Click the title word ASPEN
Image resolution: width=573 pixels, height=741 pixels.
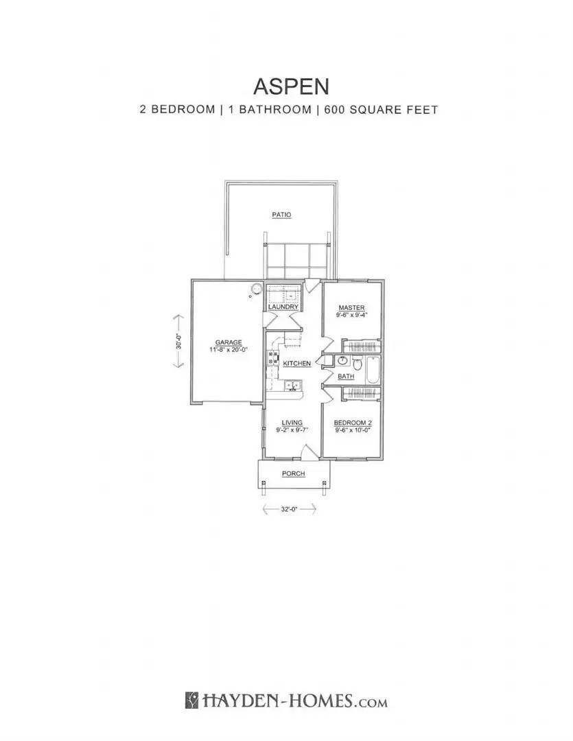(x=291, y=86)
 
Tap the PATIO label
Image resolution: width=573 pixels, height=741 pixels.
(x=281, y=215)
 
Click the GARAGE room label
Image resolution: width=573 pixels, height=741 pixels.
(x=227, y=342)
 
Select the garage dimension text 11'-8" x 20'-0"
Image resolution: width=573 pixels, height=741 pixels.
(x=227, y=349)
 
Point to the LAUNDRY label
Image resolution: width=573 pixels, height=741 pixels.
(x=283, y=307)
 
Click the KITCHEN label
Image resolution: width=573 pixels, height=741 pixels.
(x=297, y=363)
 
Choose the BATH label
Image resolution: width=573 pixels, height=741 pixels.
(x=346, y=377)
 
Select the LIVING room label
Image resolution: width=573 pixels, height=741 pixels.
(x=292, y=423)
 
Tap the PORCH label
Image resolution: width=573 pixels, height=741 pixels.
(x=293, y=473)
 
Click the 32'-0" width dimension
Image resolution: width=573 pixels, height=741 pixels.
(x=289, y=509)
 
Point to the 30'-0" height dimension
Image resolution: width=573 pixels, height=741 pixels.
(x=178, y=342)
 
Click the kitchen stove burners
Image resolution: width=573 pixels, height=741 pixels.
(x=273, y=357)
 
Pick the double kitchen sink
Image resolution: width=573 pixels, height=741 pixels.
(x=291, y=386)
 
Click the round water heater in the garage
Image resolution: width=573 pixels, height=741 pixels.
(x=257, y=288)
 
